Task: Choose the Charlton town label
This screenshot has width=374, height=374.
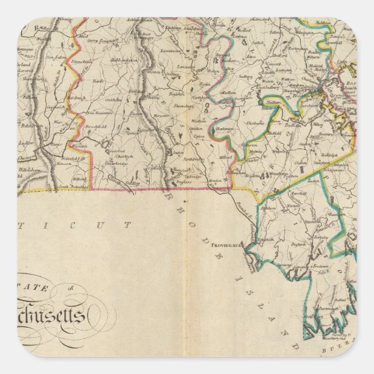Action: (x=119, y=156)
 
